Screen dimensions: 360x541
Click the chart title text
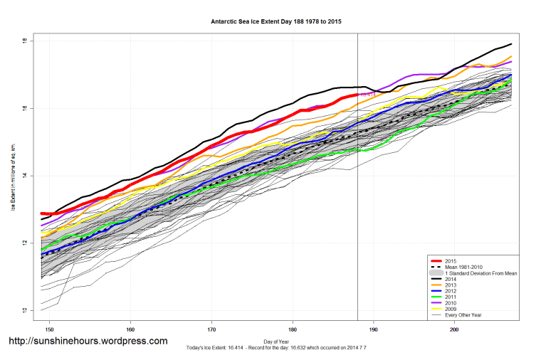click(276, 22)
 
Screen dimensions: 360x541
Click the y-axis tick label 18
click(24, 41)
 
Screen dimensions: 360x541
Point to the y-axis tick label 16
click(24, 108)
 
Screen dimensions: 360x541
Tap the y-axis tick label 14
click(24, 176)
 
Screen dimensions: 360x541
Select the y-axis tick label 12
click(24, 243)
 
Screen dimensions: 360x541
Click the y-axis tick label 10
click(24, 311)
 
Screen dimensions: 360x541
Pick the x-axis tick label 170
click(211, 329)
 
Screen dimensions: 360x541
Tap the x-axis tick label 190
click(374, 329)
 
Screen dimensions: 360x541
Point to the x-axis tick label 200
click(454, 329)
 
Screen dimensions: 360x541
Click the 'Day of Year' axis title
click(276, 341)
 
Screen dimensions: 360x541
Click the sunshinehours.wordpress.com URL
click(88, 341)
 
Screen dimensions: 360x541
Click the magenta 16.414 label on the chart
click(367, 94)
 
